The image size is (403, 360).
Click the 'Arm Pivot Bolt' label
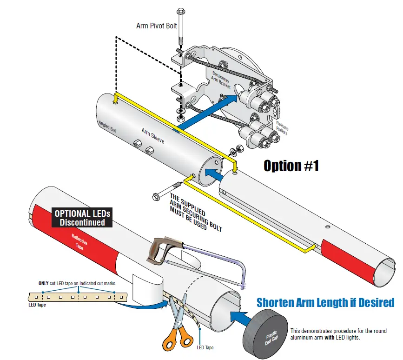156,26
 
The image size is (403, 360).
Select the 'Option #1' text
291,166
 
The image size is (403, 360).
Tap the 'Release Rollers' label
282,128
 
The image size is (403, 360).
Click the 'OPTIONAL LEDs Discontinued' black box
83,218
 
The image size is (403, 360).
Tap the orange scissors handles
171,334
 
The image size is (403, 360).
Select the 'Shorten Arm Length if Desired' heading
325,303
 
